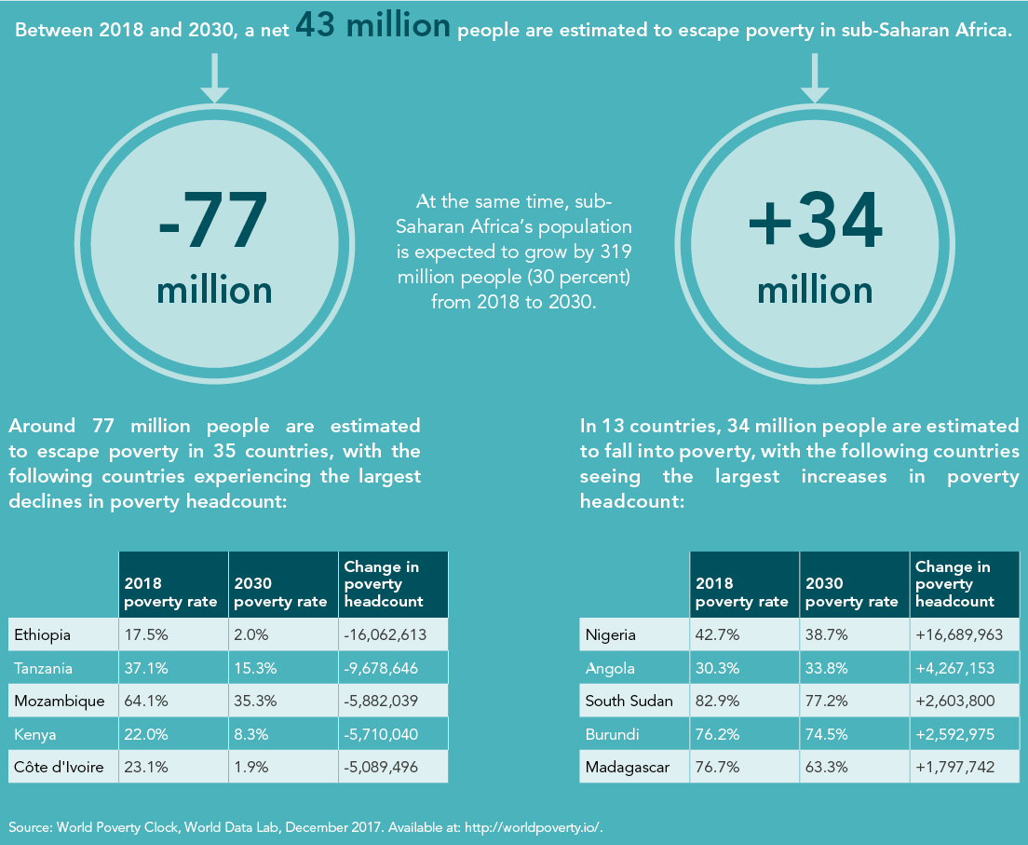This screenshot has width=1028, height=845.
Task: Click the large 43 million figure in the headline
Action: pos(372,26)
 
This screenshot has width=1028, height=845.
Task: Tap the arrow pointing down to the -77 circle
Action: pos(214,78)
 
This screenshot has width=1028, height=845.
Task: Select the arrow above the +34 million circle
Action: pos(815,78)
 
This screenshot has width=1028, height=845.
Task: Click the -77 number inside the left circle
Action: pos(214,221)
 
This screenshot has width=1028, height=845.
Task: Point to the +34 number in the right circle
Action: pos(815,221)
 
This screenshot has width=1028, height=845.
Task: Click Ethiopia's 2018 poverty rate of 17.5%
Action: pos(143,635)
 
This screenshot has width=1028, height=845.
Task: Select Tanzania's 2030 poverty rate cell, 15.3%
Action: pos(252,669)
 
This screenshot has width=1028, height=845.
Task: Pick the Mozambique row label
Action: pos(60,701)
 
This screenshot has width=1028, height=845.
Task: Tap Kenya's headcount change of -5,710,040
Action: pos(381,734)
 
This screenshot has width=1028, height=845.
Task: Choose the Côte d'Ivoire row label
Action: pos(59,768)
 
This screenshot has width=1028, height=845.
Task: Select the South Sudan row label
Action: pos(629,701)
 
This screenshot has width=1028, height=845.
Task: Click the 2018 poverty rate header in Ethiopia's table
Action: pos(171,593)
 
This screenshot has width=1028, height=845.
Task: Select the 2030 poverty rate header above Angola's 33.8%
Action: pos(851,593)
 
